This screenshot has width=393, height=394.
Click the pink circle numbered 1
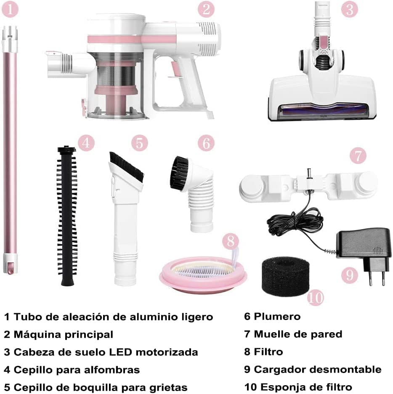[x=10, y=9]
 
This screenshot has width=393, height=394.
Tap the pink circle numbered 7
[x=358, y=156]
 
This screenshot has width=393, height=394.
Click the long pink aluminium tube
[x=10, y=147]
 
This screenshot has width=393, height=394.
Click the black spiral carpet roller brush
[x=66, y=214]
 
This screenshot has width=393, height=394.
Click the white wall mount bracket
[x=307, y=185]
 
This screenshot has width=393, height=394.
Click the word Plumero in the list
[x=277, y=316]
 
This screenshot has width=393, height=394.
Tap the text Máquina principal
[x=63, y=334]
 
